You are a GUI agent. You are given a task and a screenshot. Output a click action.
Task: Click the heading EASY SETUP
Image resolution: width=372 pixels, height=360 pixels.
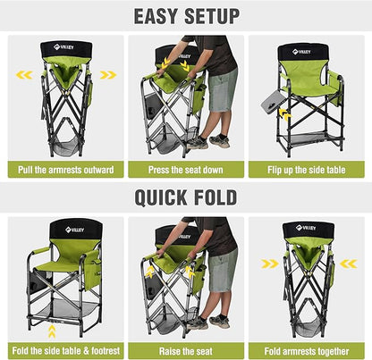(x=186, y=15)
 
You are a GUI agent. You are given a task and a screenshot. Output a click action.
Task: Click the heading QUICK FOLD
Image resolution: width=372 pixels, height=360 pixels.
(x=186, y=197)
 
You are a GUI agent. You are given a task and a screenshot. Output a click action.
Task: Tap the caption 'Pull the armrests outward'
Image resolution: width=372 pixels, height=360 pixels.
(x=63, y=168)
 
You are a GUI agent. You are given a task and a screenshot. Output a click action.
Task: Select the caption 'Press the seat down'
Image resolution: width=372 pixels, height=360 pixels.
(x=185, y=168)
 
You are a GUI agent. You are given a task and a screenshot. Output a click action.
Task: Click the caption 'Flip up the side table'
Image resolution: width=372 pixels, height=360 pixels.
(x=309, y=168)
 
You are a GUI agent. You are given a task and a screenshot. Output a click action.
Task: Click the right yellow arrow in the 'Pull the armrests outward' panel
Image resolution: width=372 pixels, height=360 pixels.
(x=107, y=75)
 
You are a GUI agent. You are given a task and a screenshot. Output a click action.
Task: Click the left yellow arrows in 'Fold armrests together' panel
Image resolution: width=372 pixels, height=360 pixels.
(x=267, y=264)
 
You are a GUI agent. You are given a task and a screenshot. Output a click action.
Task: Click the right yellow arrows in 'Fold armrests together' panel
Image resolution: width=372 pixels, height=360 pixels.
(x=350, y=264)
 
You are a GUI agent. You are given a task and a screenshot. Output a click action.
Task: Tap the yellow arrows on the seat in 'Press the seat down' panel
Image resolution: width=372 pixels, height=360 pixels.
(x=175, y=64)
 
